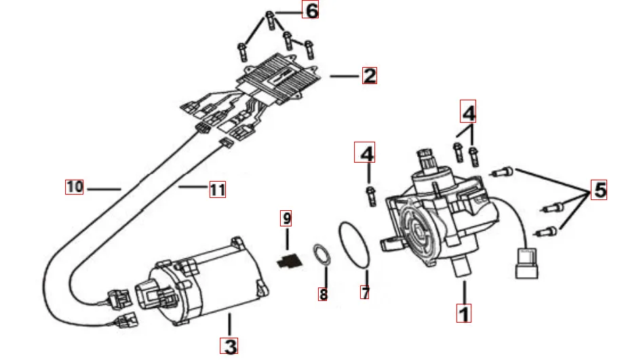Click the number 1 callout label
point(464,313)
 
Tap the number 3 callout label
point(230,346)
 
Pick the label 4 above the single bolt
point(366,154)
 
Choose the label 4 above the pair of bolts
point(469,110)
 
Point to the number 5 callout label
point(599,191)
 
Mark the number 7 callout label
point(366,294)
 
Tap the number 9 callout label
point(287,218)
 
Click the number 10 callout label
point(75,186)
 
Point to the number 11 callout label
point(217,190)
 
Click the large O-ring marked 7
point(354,245)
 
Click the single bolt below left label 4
point(370,196)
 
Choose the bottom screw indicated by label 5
point(547,231)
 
